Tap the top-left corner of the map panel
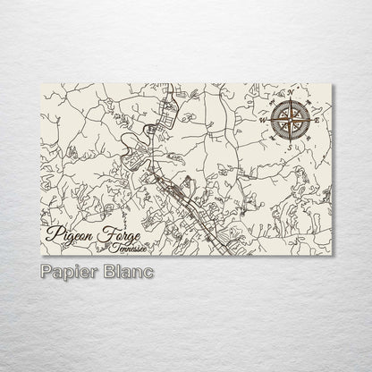(x=42, y=83)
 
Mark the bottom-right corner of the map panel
(x=332, y=255)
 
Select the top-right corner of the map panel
(x=332, y=83)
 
